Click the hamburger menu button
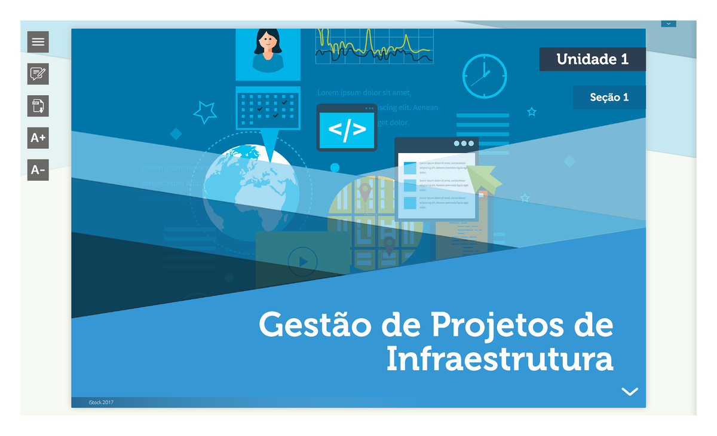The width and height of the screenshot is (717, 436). (38, 42)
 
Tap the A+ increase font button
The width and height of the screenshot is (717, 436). (38, 138)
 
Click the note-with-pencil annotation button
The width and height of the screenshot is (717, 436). (38, 74)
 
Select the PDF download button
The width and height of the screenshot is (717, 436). (38, 106)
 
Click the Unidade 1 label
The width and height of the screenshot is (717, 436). (592, 59)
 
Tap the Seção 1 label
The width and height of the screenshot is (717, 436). (609, 97)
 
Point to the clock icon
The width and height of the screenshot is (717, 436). (485, 77)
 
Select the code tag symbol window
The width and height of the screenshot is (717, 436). (347, 127)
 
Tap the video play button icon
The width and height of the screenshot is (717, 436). (302, 261)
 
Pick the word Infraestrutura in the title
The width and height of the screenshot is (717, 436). (500, 360)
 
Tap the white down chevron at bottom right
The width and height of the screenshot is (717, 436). (630, 391)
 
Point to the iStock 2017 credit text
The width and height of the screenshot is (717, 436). (100, 403)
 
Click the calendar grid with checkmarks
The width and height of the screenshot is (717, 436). (268, 108)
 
